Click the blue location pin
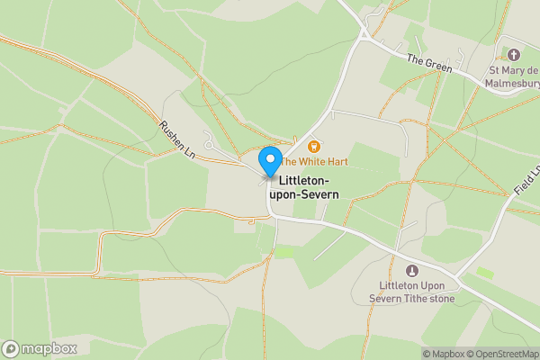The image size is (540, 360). click(x=269, y=161)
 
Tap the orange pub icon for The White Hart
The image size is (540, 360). click(x=314, y=147)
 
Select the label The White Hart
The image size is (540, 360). click(x=313, y=162)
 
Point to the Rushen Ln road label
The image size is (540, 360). click(x=177, y=139)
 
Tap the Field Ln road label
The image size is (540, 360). click(x=527, y=185)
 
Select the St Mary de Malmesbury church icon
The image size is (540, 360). click(x=515, y=55)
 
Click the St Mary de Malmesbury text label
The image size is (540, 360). click(x=514, y=76)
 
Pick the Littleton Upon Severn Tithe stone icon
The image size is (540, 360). click(x=413, y=270)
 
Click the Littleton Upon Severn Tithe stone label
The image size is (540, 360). click(x=413, y=292)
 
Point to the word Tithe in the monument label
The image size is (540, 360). click(x=413, y=299)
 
